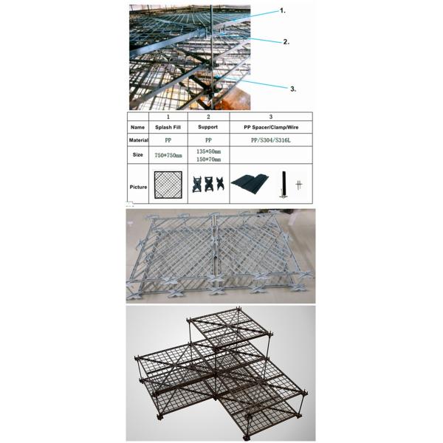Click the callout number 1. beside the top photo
point(283,11)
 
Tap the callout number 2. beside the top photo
point(286,42)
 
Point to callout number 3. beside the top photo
point(293,89)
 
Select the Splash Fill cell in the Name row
point(168,127)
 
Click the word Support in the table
point(208,127)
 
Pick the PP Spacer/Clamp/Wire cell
point(271,127)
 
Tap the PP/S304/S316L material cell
point(271,140)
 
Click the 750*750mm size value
point(168,155)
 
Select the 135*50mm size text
point(208,151)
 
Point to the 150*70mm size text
point(208,159)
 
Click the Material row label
point(139,140)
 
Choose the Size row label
point(137,154)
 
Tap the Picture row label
point(138,187)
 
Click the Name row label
point(137,127)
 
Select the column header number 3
point(271,117)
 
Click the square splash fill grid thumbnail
point(168,185)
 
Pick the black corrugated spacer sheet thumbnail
point(250,183)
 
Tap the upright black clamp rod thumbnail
point(284,184)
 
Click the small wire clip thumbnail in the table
point(299,185)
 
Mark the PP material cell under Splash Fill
point(168,140)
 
